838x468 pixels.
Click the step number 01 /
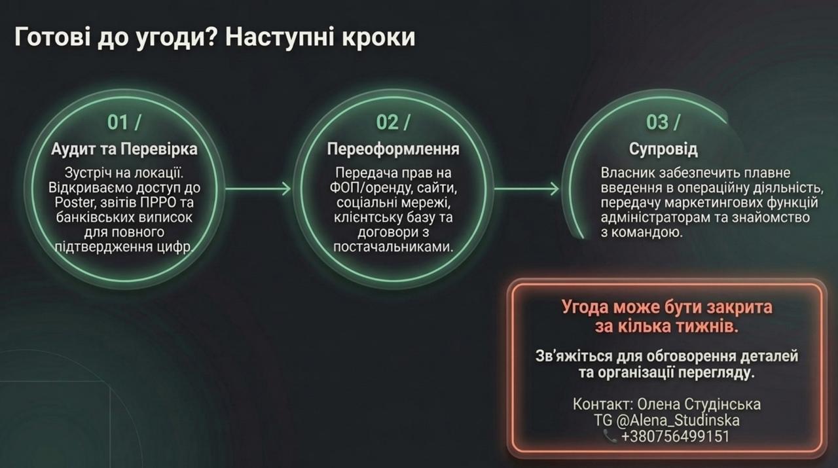click(x=124, y=122)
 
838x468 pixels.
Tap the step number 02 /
click(x=393, y=122)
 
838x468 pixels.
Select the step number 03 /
click(x=663, y=122)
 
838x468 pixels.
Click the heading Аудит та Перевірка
click(x=124, y=149)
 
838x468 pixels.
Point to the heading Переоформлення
click(x=393, y=149)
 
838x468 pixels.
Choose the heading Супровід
click(x=663, y=149)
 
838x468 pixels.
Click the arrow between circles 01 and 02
click(x=258, y=189)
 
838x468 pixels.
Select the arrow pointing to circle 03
click(x=527, y=189)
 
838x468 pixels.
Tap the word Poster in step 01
click(x=75, y=202)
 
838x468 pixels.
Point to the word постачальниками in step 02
click(x=393, y=247)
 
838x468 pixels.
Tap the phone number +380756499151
click(x=675, y=437)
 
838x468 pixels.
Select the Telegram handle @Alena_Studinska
click(x=678, y=420)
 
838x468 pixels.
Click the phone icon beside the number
click(x=610, y=436)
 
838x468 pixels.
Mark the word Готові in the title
click(x=52, y=37)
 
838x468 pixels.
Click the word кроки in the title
click(x=378, y=38)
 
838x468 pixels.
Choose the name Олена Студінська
click(x=699, y=405)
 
